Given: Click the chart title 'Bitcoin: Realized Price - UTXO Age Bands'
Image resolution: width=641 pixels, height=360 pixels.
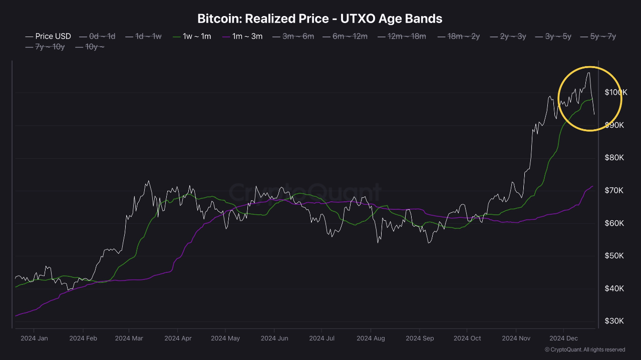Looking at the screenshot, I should click(x=320, y=19).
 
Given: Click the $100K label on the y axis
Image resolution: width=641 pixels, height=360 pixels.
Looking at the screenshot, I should click(x=615, y=92).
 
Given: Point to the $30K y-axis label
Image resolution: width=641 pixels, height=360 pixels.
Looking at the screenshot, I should click(x=614, y=321).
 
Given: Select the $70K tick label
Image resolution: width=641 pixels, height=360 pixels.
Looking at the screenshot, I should click(x=614, y=190).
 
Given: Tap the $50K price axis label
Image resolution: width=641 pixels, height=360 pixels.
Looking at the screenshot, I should click(x=614, y=256).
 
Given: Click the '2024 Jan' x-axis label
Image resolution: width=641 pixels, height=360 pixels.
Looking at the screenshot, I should click(x=34, y=338).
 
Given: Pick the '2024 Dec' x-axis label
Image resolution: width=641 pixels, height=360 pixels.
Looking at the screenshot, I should click(x=563, y=338).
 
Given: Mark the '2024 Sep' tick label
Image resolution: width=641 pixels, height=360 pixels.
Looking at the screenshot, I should click(x=420, y=338).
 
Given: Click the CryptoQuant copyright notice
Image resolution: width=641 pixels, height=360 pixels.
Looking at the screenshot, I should click(x=585, y=349).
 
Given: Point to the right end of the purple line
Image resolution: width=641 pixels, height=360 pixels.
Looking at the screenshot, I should click(x=592, y=186).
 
